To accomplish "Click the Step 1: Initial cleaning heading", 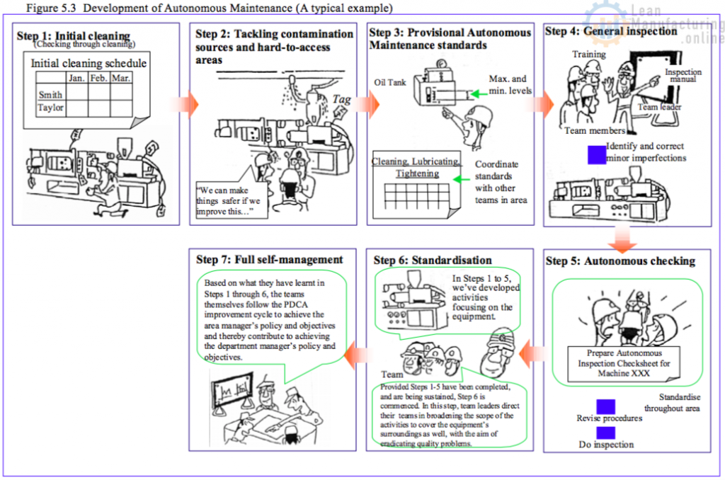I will point(74,36).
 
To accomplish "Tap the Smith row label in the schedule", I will point(50,94).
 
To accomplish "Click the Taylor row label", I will point(50,108).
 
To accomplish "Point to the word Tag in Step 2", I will point(342,100).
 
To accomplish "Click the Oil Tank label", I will point(390,83).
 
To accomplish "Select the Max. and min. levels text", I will point(508,85).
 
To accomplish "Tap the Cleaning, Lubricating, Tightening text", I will point(416,167).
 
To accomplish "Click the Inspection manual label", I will point(683,76).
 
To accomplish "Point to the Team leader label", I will point(658,107).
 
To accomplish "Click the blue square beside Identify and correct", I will point(597,154).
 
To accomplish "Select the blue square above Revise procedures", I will point(605,406).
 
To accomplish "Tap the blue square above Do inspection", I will point(605,433).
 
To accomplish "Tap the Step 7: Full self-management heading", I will point(269,260).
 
